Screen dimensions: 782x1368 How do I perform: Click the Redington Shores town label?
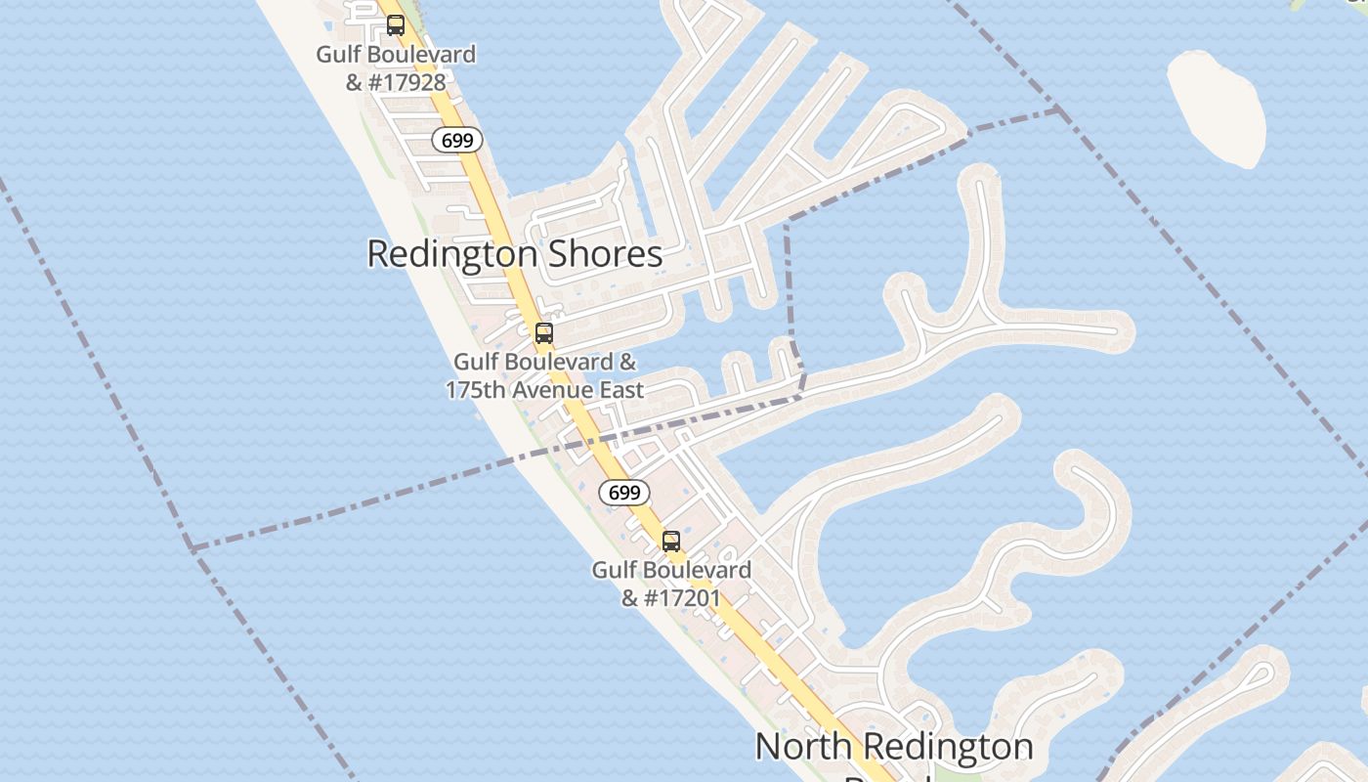point(515,254)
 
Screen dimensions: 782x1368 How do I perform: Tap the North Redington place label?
point(893,747)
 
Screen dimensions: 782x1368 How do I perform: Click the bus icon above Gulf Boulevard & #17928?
point(395,25)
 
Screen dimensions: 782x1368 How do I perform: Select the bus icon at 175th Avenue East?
point(544,332)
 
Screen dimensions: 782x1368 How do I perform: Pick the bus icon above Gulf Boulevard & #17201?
point(671,541)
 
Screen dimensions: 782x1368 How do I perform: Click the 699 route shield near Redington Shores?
point(456,140)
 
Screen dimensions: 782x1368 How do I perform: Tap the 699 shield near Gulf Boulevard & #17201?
point(623,492)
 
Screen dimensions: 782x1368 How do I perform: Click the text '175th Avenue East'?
point(544,390)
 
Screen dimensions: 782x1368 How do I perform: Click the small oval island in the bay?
point(1217,108)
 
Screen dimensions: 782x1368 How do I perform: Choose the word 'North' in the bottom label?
point(801,747)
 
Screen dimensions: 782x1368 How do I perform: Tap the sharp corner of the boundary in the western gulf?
point(192,549)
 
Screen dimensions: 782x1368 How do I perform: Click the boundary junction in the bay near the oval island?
point(1060,109)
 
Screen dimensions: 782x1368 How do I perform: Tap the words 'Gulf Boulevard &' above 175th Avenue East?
point(544,362)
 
